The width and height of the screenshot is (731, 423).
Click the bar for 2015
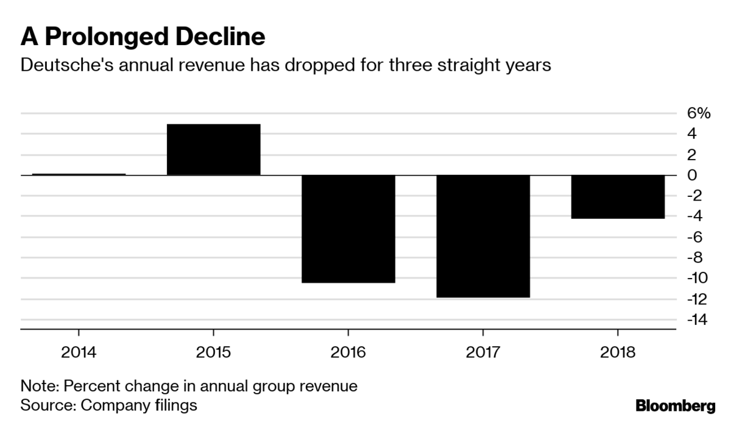click(213, 149)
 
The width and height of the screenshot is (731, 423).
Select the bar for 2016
click(348, 229)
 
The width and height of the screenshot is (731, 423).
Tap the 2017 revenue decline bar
click(483, 236)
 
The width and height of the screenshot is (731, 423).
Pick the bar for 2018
click(618, 197)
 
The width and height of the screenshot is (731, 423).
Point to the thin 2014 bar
click(79, 174)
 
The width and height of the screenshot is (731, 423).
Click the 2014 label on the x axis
click(79, 352)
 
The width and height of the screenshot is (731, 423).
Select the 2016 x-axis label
click(348, 352)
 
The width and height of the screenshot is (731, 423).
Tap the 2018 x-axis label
click(618, 352)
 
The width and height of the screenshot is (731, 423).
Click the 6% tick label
click(699, 113)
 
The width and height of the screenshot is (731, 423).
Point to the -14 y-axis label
click(697, 319)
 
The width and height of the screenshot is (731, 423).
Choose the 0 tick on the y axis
click(692, 176)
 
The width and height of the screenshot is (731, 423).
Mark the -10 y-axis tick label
click(697, 278)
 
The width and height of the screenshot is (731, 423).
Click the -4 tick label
click(694, 216)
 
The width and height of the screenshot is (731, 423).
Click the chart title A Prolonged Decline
click(143, 37)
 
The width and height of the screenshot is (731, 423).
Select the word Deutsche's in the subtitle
click(67, 65)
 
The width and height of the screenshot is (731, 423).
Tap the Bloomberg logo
click(676, 406)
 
